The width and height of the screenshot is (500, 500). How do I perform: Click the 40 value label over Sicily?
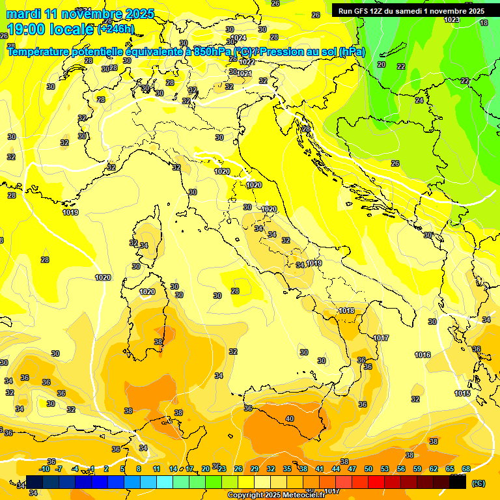pyautogui.click(x=290, y=419)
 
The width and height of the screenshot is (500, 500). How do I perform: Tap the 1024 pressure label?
pyautogui.click(x=240, y=38)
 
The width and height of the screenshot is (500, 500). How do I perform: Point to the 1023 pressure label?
pyautogui.click(x=451, y=20)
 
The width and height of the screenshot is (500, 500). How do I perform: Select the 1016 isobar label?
pyautogui.click(x=423, y=355)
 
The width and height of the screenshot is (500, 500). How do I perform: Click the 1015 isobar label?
pyautogui.click(x=462, y=393)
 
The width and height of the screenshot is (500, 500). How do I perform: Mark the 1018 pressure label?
pyautogui.click(x=346, y=311)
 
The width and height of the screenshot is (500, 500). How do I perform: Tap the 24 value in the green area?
pyautogui.click(x=419, y=100)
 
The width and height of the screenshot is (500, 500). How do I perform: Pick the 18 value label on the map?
pyautogui.click(x=484, y=23)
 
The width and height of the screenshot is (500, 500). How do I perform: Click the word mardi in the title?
pyautogui.click(x=23, y=14)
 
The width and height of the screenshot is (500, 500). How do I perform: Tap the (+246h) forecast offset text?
pyautogui.click(x=116, y=29)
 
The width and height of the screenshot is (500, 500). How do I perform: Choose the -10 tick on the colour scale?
pyautogui.click(x=45, y=469)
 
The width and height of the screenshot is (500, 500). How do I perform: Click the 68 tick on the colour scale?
pyautogui.click(x=466, y=469)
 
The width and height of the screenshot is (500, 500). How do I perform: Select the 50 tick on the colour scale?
pyautogui.click(x=368, y=469)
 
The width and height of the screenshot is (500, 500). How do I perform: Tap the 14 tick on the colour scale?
pyautogui.click(x=173, y=469)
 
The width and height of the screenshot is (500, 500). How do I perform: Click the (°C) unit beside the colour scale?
pyautogui.click(x=479, y=483)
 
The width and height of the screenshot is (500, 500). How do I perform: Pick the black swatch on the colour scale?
pyautogui.click(x=458, y=482)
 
